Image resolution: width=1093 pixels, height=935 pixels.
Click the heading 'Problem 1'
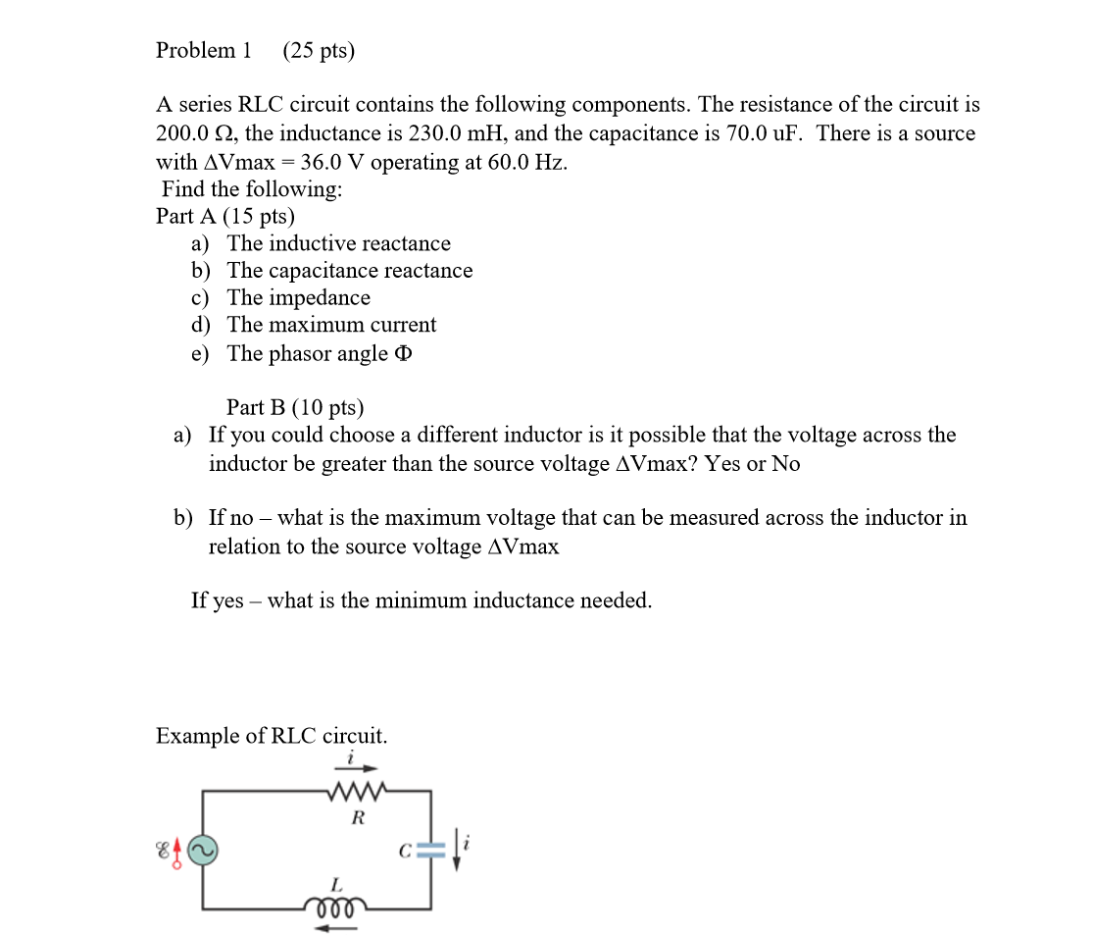coord(203,50)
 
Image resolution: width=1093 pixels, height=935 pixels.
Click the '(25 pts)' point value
coord(319,50)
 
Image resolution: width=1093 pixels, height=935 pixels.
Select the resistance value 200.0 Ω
coord(193,133)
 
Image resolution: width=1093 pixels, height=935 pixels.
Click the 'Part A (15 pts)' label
coord(224,216)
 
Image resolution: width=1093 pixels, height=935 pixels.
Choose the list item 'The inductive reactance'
coord(339,243)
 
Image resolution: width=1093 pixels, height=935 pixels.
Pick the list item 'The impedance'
coord(299,297)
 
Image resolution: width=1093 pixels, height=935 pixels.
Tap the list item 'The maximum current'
coord(332,325)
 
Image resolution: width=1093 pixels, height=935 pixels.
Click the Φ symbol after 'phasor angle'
coord(402,354)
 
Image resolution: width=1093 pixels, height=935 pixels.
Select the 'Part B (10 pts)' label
coord(294,407)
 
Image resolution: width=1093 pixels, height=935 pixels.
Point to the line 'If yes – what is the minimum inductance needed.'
coord(422,600)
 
